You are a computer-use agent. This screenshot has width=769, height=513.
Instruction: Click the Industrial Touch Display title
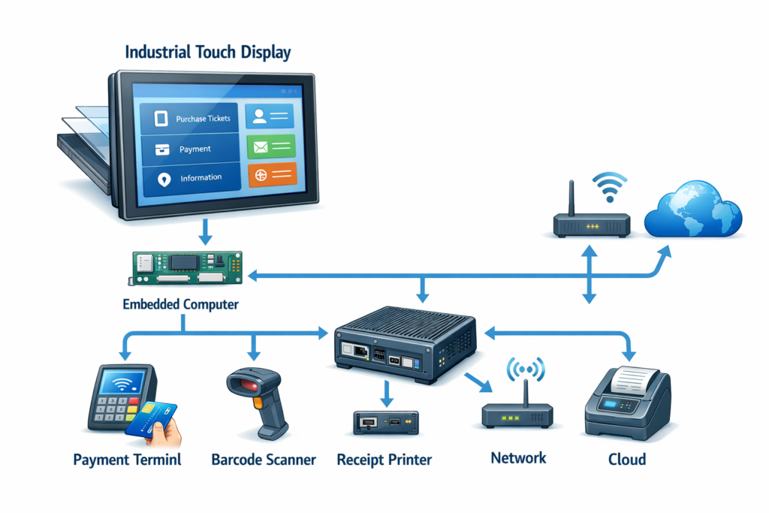(208, 53)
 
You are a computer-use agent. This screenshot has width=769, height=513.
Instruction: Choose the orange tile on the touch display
(271, 176)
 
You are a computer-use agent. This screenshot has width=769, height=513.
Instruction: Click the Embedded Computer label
(180, 305)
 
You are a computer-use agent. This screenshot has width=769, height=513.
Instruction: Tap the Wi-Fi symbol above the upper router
(609, 186)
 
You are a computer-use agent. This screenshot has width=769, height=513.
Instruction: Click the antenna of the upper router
(572, 198)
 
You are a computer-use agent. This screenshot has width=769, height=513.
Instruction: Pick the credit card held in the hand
(150, 419)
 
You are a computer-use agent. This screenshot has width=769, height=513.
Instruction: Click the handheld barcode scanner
(259, 398)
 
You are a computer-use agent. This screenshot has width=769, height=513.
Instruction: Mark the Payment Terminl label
(128, 459)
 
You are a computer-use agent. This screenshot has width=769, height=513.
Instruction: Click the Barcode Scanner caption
(264, 459)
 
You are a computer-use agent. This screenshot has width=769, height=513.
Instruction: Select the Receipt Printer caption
(384, 459)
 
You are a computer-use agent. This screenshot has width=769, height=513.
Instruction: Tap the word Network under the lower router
(518, 457)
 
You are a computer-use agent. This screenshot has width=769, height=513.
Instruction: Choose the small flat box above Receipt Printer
(385, 422)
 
